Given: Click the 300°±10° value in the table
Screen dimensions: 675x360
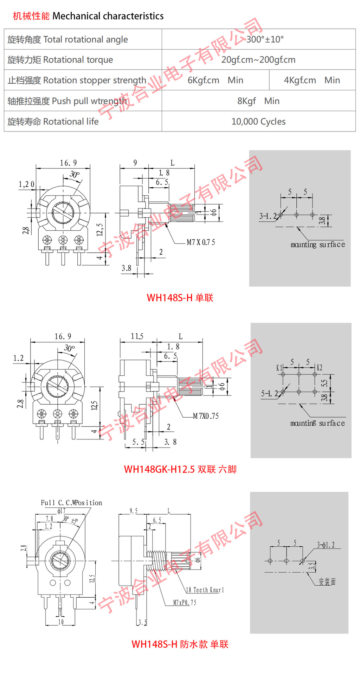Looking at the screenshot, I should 265,39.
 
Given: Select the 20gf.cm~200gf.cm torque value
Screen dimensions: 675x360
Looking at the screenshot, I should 258,60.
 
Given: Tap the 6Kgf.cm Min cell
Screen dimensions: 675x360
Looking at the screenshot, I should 215,80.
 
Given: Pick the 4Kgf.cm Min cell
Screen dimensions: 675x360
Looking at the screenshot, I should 312,80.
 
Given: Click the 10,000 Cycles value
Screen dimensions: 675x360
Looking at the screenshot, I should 258,122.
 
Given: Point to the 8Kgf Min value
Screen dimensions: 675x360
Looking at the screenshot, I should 258,101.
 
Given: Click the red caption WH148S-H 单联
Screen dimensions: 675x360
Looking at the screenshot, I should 180,298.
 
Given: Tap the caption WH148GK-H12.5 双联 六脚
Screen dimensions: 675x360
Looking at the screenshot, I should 180,469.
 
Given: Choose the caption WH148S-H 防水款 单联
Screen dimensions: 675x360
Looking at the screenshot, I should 180,644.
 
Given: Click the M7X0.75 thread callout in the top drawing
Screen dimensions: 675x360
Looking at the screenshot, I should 201,242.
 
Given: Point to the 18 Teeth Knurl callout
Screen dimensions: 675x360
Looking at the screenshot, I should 205,590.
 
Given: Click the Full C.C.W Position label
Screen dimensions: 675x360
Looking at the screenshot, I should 71,503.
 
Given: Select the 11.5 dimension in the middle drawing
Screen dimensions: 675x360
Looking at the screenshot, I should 137,336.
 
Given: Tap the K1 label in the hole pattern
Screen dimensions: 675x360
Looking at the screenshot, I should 279,368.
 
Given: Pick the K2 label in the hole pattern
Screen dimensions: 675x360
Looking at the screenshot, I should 319,368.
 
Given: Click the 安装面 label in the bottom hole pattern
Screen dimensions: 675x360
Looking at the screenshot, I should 327,582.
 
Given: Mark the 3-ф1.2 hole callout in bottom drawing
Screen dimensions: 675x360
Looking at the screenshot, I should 326,545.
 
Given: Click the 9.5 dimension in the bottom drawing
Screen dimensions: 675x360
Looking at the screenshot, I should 134,511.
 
